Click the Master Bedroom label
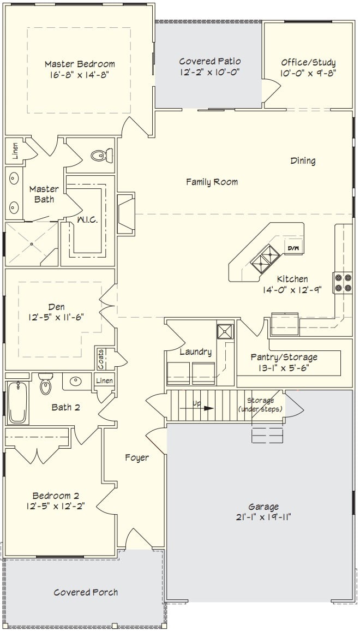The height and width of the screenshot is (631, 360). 80,63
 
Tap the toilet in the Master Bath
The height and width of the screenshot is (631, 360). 101,154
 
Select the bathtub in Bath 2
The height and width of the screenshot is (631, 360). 17,403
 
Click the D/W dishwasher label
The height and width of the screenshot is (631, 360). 293,248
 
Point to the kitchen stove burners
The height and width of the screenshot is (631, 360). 343,283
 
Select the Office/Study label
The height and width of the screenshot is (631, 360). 308,62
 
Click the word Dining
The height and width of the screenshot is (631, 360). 303,161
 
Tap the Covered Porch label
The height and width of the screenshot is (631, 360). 86,592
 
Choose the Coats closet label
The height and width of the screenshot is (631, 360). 100,359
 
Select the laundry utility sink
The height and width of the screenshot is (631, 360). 225,331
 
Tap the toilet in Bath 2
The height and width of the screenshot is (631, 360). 45,384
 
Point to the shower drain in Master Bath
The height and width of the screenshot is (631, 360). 32,244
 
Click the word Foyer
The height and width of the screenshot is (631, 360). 137,457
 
